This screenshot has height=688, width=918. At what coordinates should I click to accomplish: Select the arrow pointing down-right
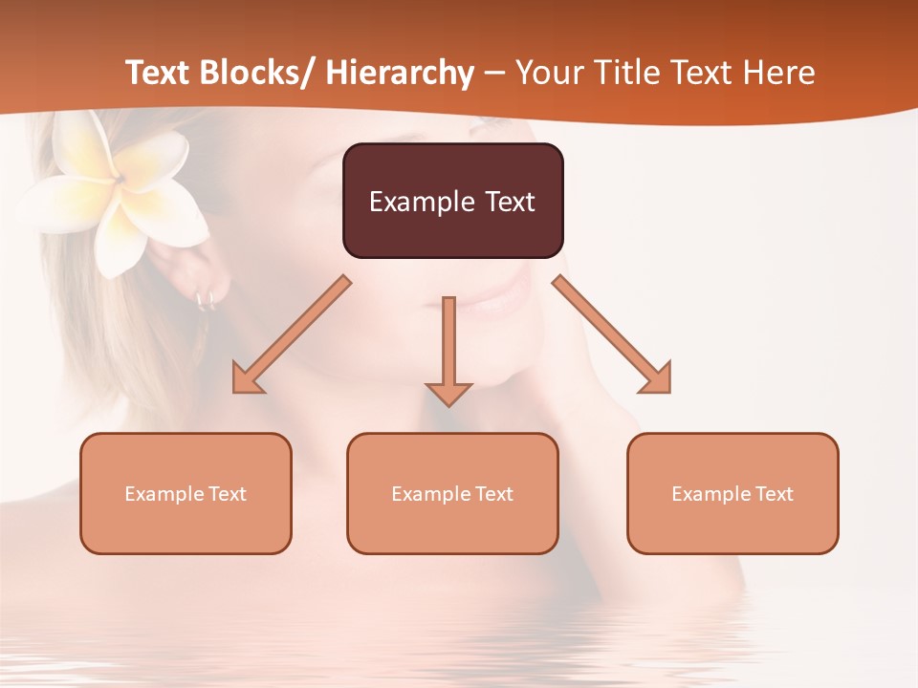click(x=613, y=335)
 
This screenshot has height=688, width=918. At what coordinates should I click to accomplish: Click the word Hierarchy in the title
click(x=400, y=73)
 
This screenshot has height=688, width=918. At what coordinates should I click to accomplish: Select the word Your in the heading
click(x=549, y=73)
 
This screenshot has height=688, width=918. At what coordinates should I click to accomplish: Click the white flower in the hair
click(x=115, y=191)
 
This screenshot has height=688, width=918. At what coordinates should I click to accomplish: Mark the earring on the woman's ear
click(x=205, y=301)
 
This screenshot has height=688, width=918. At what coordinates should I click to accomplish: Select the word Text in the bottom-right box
click(x=773, y=494)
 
